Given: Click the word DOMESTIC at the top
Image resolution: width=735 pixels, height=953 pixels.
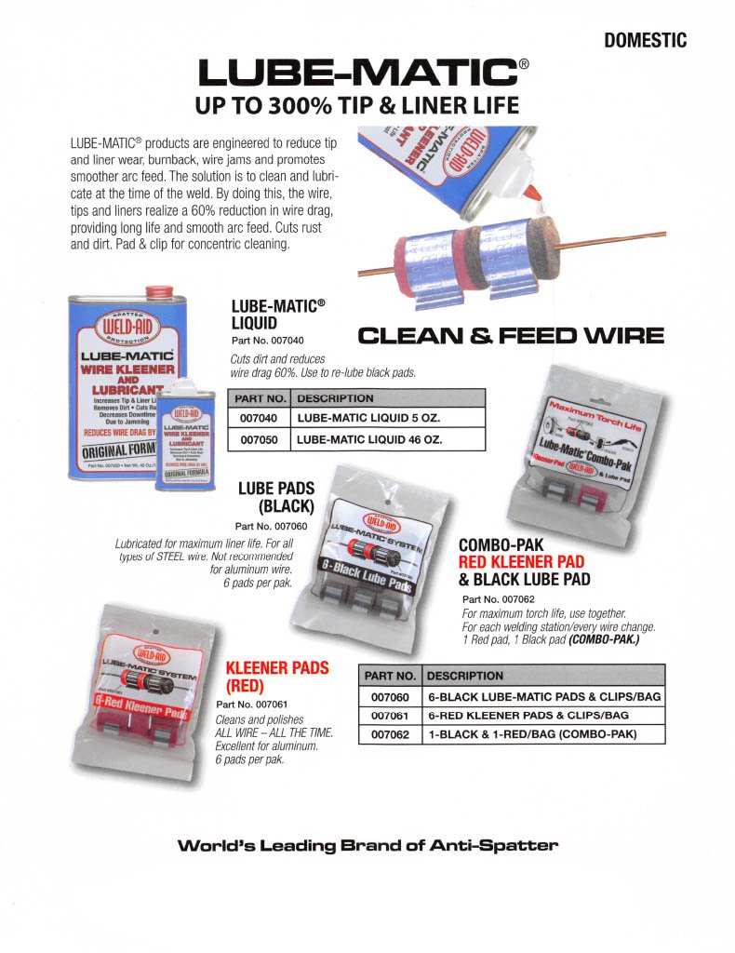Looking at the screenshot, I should tap(645, 40).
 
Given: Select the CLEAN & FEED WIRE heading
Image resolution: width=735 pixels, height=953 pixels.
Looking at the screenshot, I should tap(511, 335).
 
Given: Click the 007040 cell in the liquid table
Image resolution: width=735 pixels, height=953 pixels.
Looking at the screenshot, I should tap(260, 418).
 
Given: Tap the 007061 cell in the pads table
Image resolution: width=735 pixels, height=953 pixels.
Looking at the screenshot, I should tap(390, 715).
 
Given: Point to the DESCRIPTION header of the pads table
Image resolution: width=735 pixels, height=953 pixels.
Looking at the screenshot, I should tap(464, 676).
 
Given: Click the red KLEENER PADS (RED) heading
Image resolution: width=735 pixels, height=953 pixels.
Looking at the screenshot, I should tap(265, 677).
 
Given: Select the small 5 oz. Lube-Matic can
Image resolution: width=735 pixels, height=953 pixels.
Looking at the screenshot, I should tap(187, 435).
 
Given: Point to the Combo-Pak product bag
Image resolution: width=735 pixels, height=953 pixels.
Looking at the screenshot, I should tap(595, 442).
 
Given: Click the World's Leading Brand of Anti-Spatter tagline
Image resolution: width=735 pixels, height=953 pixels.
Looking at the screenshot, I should tap(367, 846).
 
